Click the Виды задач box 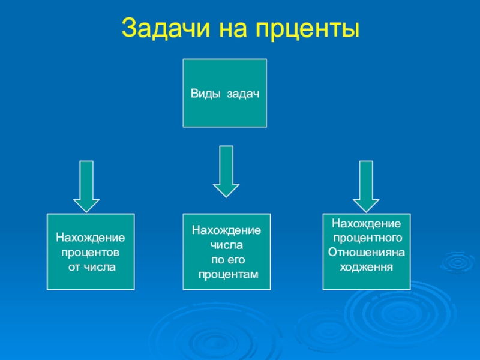pyautogui.click(x=224, y=93)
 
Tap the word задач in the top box pyautogui.click(x=242, y=94)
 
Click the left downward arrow pyautogui.click(x=86, y=185)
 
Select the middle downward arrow pyautogui.click(x=226, y=171)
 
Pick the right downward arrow pyautogui.click(x=366, y=185)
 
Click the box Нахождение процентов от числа pyautogui.click(x=91, y=252)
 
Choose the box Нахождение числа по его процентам pyautogui.click(x=226, y=252)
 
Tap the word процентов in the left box pyautogui.click(x=90, y=252)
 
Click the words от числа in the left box pyautogui.click(x=91, y=266)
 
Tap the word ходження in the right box pyautogui.click(x=367, y=265)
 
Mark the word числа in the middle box pyautogui.click(x=226, y=245)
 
